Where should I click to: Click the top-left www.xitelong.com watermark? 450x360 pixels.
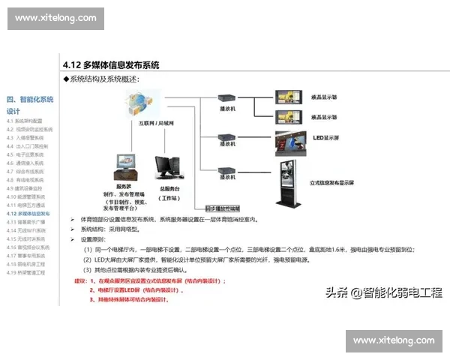[55, 17]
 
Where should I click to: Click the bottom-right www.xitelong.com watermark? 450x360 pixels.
[394, 340]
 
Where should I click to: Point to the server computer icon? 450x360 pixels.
[125, 166]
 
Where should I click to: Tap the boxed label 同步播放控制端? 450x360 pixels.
[221, 207]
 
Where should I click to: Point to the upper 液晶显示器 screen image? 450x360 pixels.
[288, 97]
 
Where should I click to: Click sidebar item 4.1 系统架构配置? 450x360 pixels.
[25, 121]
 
